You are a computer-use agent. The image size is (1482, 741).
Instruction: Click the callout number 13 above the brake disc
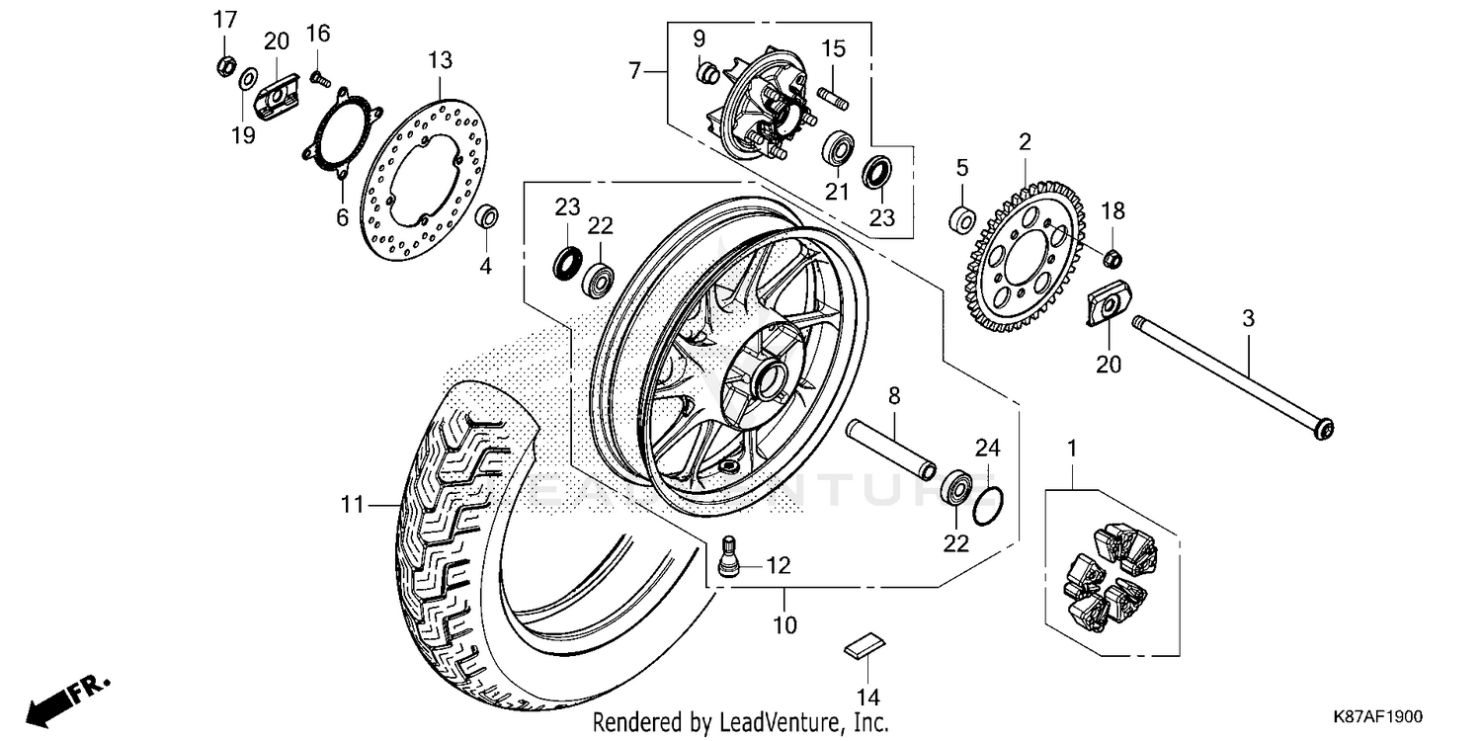click(x=440, y=60)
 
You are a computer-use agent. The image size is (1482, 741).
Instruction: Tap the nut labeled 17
click(x=224, y=66)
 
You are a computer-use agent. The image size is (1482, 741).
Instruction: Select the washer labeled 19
click(x=246, y=76)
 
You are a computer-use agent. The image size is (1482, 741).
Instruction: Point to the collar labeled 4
click(x=487, y=215)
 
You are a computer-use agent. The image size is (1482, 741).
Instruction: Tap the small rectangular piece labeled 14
click(x=860, y=647)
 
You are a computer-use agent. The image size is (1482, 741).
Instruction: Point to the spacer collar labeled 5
click(x=962, y=219)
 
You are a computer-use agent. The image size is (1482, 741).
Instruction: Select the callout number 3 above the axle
click(x=1247, y=318)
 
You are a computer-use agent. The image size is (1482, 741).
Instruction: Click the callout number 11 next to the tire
click(x=353, y=506)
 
